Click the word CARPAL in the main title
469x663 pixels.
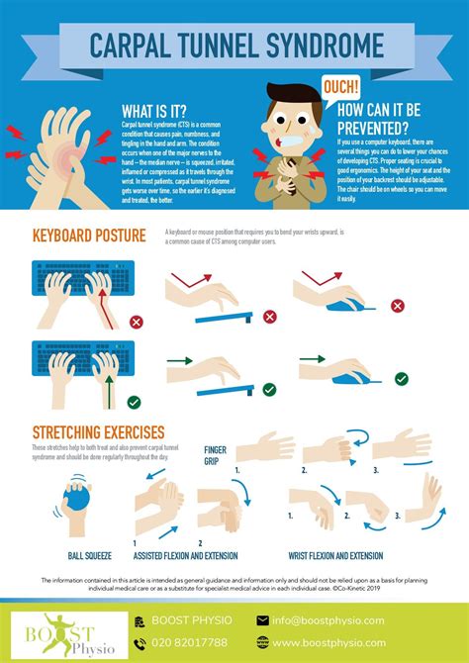tap(138, 47)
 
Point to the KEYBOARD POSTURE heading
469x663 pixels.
tap(90, 236)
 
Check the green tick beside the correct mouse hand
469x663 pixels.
tap(400, 378)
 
